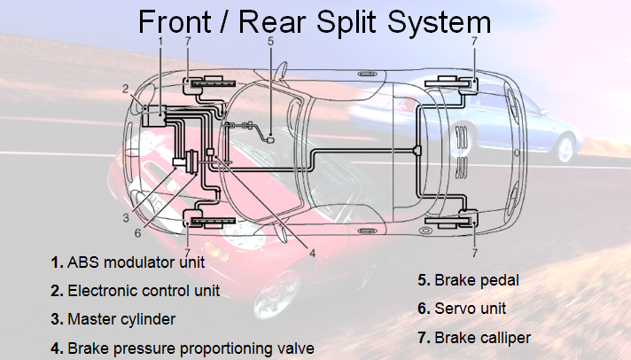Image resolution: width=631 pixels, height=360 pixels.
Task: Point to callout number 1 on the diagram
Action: [x=160, y=41]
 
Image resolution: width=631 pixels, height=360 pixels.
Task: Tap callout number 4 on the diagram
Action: [x=312, y=252]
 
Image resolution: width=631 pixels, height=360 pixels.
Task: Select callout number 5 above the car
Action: [x=270, y=41]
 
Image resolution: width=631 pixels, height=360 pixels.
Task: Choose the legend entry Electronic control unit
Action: [x=144, y=290]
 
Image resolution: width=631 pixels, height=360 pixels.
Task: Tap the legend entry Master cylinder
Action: [x=121, y=318]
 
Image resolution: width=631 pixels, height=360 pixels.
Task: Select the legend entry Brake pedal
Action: [x=476, y=281]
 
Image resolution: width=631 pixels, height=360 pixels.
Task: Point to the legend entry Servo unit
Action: [x=470, y=309]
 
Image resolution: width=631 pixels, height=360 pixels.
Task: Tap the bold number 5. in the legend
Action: [x=424, y=281]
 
